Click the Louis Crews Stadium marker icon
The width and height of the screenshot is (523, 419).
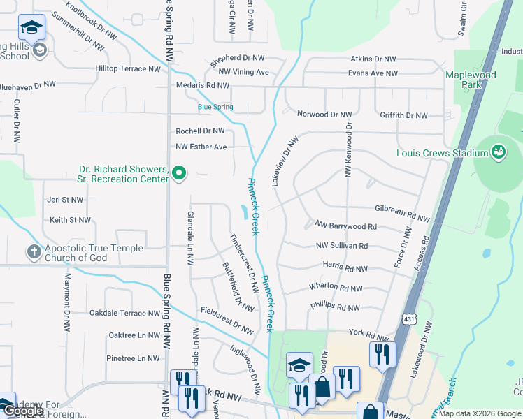point(499,152)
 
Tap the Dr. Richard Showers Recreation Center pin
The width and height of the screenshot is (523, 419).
point(179,172)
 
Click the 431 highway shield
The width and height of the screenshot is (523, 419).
point(410,318)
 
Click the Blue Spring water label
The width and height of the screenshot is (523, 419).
point(215,107)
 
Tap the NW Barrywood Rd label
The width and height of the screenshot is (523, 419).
point(346,226)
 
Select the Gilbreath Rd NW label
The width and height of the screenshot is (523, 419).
point(402,209)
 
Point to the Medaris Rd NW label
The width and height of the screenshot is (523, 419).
point(203,85)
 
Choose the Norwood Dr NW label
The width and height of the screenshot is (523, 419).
point(324,114)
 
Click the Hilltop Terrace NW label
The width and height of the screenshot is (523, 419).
point(128,69)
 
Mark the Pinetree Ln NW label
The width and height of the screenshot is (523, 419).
point(134,358)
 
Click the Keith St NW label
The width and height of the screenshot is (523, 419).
point(70,220)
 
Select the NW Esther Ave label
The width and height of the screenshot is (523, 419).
point(201,147)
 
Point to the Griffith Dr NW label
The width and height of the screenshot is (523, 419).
point(403,115)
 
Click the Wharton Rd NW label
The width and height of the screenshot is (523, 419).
point(336,288)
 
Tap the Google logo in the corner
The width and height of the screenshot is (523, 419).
point(23,411)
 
